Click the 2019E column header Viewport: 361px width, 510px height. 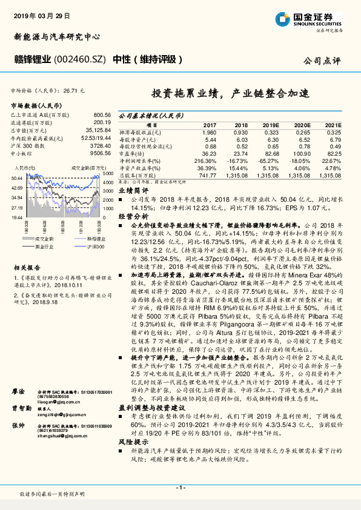click(270, 125)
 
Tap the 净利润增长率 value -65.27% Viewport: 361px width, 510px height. click(270, 162)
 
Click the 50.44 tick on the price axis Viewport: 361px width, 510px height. click(16, 177)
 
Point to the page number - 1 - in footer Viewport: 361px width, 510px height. click(180, 488)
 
